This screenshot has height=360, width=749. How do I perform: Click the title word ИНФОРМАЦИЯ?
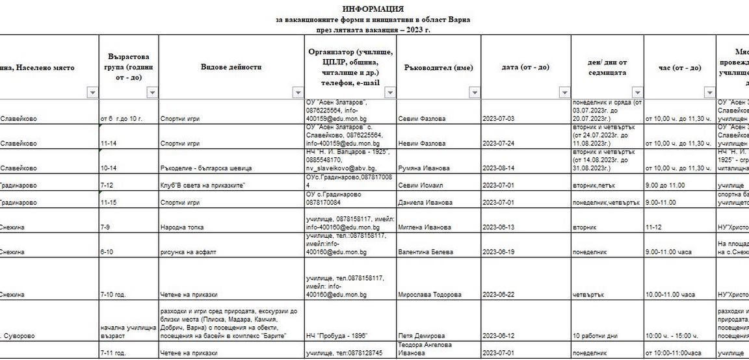pyautogui.click(x=373, y=9)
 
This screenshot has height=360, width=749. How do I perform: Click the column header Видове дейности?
pyautogui.click(x=231, y=68)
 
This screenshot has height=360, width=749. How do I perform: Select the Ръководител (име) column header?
pyautogui.click(x=438, y=68)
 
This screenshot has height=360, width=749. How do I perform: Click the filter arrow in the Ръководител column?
pyautogui.click(x=473, y=93)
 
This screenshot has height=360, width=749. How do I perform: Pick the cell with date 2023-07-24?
pyautogui.click(x=499, y=144)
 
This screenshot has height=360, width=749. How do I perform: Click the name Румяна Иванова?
pyautogui.click(x=425, y=168)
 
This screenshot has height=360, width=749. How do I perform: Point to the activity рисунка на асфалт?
pyautogui.click(x=185, y=252)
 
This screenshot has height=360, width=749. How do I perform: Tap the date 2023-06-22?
pyautogui.click(x=499, y=295)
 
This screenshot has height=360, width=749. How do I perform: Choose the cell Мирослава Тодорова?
pyautogui.click(x=431, y=295)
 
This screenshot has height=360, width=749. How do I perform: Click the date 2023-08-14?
pyautogui.click(x=499, y=168)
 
